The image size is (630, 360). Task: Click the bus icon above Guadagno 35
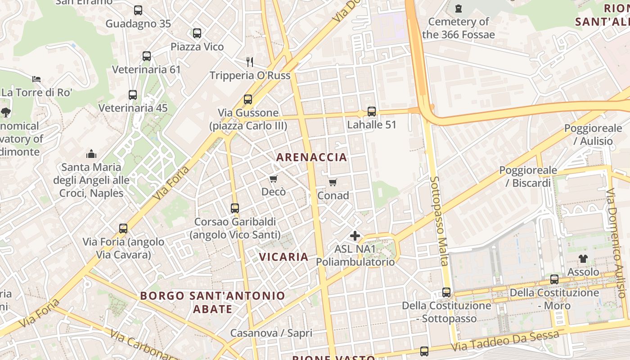pos(138,10)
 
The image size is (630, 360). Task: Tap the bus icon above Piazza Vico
pos(197,33)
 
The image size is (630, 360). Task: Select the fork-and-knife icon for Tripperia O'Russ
pos(250,62)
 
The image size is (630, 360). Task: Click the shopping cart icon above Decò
pos(273,179)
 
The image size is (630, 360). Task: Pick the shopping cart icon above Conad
pos(333,182)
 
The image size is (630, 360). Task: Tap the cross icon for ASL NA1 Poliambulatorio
pos(355,235)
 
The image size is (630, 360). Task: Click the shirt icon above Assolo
pos(583,259)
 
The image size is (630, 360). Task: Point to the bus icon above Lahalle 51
pos(372,111)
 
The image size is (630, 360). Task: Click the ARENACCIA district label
pos(311,157)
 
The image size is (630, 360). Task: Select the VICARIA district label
pos(284,257)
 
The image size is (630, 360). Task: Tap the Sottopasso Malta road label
pos(439,220)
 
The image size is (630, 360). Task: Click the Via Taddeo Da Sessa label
pos(506,342)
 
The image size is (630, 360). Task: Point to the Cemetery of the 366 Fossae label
pos(459,28)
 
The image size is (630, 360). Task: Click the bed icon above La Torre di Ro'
pos(36,79)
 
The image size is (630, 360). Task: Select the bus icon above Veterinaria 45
pos(133,95)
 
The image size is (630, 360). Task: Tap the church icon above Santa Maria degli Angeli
pos(91,154)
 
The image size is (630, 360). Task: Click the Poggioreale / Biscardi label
pos(528,176)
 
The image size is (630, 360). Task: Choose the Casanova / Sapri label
pos(271,333)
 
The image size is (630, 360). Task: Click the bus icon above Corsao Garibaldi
pos(235,208)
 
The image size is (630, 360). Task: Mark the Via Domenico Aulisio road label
pos(616,243)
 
